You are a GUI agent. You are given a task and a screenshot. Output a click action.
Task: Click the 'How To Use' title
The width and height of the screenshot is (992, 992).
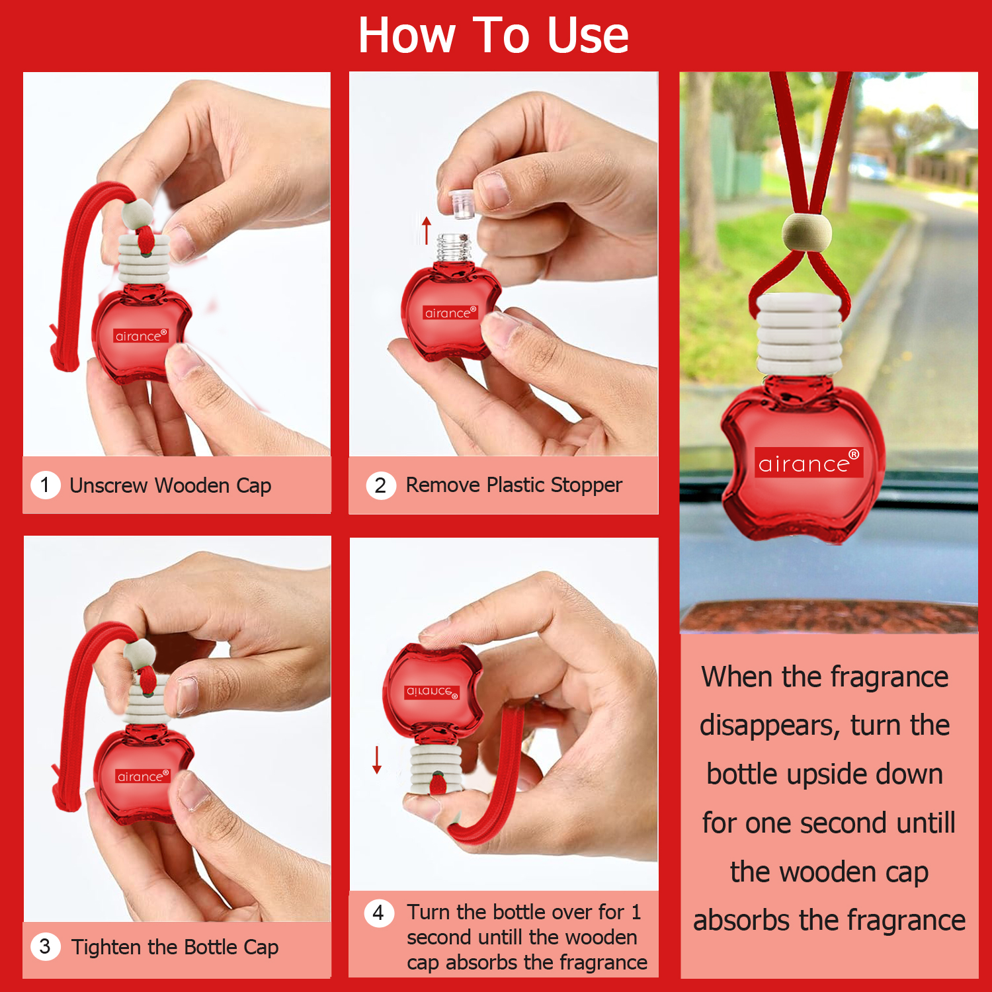pos(493,35)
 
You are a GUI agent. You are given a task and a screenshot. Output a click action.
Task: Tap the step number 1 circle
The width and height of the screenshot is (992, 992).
pos(45,485)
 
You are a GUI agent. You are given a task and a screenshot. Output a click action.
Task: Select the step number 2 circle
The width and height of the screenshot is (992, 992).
pos(380,485)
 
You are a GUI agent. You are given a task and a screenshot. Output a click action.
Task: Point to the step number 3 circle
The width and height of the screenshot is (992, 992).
pos(45,946)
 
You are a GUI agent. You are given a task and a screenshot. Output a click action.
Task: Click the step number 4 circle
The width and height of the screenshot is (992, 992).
pos(378,913)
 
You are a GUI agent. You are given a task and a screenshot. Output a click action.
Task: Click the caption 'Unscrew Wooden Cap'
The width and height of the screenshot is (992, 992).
pos(171,485)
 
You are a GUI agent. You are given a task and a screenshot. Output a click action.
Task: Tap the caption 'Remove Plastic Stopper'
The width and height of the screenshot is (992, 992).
pos(514,485)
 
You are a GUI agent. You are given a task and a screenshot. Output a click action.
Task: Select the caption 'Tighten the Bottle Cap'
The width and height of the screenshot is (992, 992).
pos(175,947)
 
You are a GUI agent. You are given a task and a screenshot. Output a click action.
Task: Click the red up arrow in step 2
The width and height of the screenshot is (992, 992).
pos(427,229)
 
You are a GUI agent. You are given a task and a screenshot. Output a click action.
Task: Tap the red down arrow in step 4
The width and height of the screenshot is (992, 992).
pos(377,760)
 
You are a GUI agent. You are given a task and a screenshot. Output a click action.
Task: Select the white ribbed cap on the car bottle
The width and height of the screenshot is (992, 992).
pos(800,335)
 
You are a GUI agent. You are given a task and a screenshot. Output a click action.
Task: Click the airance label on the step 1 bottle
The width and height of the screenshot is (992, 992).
pos(141,335)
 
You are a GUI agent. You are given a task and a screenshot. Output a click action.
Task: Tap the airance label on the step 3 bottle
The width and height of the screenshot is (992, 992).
pos(143,776)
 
